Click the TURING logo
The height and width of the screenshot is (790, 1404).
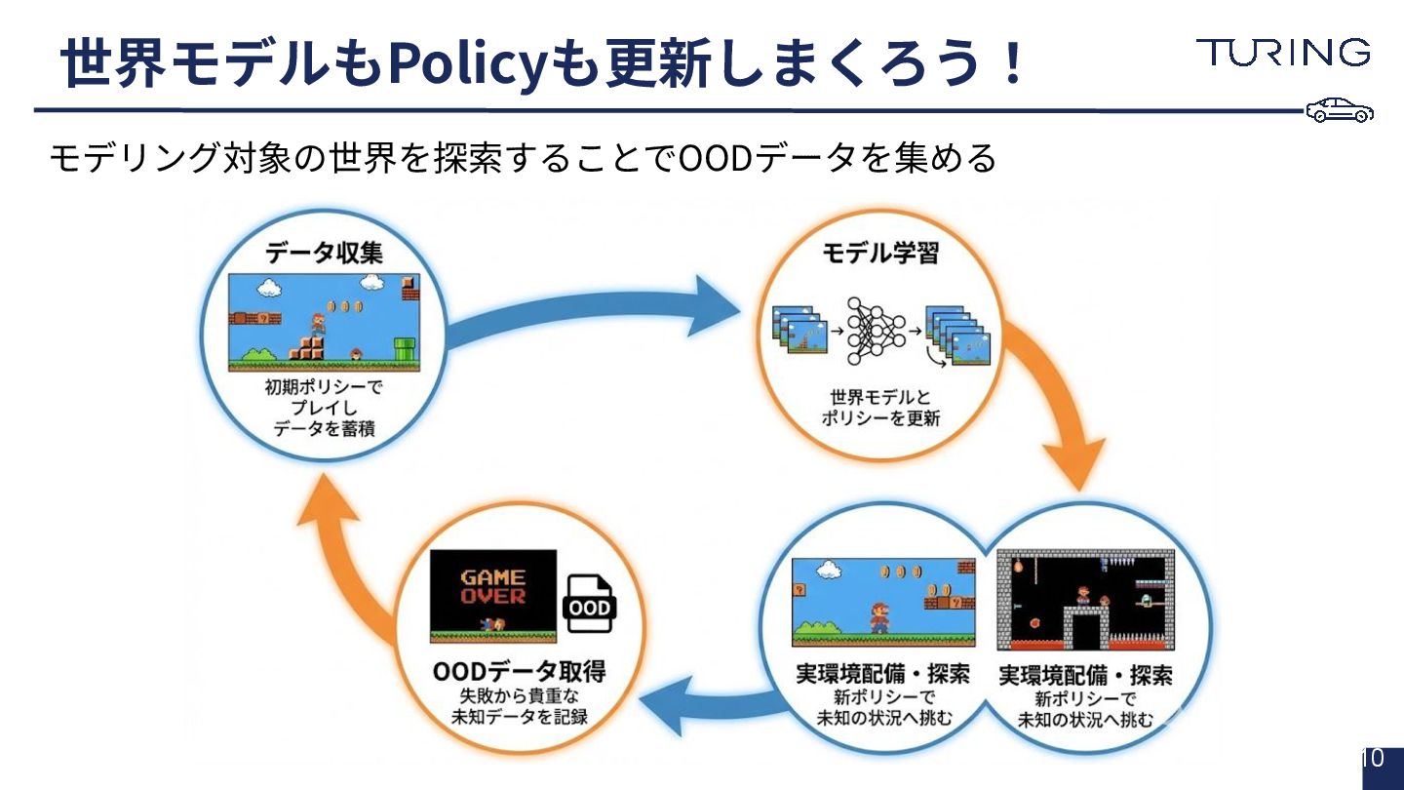pos(1283,53)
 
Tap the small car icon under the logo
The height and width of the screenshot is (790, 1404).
pos(1340,111)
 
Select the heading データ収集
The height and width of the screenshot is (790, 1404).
pos(324,254)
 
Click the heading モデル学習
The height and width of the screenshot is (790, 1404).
pos(880,254)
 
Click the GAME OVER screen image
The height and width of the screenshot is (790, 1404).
pos(492,595)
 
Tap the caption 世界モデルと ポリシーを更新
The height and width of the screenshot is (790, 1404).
pos(880,409)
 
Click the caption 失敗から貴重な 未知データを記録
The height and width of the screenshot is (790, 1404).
pos(519,707)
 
